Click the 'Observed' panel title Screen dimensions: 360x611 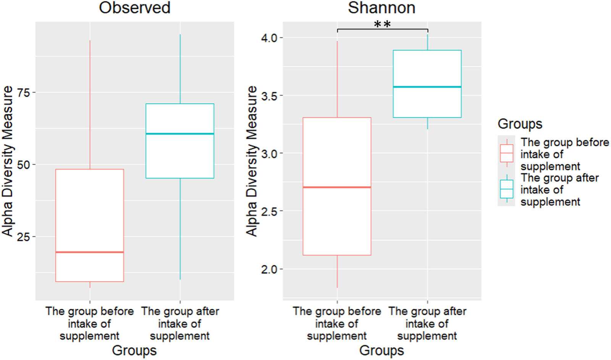point(134,8)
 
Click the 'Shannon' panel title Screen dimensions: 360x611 point(381,8)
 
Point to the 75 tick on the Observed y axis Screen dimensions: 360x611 point(24,92)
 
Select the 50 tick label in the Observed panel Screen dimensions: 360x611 point(24,165)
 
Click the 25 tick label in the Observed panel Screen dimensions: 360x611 point(24,237)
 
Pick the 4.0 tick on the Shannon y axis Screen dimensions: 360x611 point(269,38)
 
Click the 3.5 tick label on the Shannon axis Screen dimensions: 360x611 point(269,95)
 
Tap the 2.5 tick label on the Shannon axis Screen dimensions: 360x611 point(269,211)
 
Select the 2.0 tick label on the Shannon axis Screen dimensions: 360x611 point(269,269)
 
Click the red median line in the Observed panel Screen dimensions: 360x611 point(90,252)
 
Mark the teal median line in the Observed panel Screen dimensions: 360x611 point(180,134)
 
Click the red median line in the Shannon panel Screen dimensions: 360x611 point(337,187)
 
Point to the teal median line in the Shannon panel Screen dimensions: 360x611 point(427,87)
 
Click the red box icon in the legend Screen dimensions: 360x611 point(507,153)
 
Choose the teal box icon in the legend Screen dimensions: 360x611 point(507,189)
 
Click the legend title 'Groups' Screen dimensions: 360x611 point(520,124)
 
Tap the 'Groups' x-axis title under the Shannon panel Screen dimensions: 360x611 point(381,350)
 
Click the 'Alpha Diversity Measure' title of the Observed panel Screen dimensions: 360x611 point(8,161)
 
